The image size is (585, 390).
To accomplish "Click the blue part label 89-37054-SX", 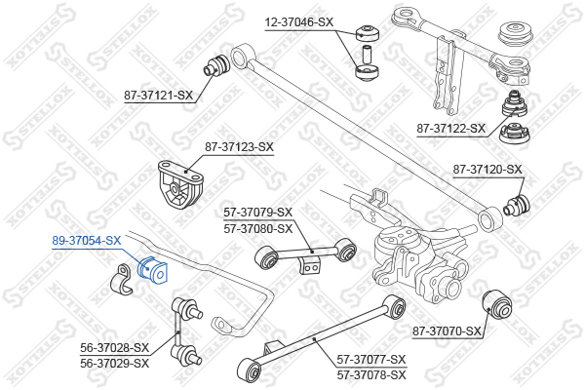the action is pyautogui.click(x=87, y=241).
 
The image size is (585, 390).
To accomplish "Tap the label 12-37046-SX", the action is pyautogui.click(x=299, y=22).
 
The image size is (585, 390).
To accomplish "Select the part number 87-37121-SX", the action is pyautogui.click(x=159, y=96).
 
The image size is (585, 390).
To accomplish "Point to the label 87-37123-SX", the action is pyautogui.click(x=239, y=147).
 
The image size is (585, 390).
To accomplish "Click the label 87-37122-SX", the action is pyautogui.click(x=451, y=129).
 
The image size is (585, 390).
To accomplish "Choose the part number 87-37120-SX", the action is pyautogui.click(x=487, y=170).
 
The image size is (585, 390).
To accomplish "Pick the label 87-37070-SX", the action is pyautogui.click(x=447, y=331).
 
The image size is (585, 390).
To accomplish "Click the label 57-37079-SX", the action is pyautogui.click(x=258, y=213).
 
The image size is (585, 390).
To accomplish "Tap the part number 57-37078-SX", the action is pyautogui.click(x=371, y=374).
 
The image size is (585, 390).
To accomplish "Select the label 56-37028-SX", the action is pyautogui.click(x=114, y=347).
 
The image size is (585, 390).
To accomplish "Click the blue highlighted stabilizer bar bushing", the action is pyautogui.click(x=153, y=271).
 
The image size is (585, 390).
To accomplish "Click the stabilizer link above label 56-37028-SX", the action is pyautogui.click(x=186, y=331).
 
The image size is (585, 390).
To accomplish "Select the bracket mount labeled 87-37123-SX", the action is pyautogui.click(x=181, y=184).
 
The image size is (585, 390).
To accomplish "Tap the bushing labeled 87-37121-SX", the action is pyautogui.click(x=216, y=65).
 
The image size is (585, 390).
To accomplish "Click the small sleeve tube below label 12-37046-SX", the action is pyautogui.click(x=367, y=53).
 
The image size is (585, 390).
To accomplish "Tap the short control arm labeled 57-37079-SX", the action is pyautogui.click(x=305, y=253).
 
